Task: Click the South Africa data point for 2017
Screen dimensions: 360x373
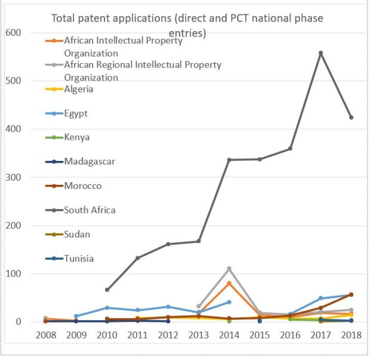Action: [320, 53]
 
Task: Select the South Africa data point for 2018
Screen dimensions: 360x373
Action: [351, 117]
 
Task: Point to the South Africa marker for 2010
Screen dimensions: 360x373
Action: [107, 290]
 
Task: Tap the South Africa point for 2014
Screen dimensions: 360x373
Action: [229, 160]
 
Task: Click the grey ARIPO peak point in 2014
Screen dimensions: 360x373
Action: [229, 269]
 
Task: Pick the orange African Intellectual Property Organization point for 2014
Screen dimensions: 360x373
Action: [229, 283]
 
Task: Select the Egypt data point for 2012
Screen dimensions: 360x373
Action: [168, 307]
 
